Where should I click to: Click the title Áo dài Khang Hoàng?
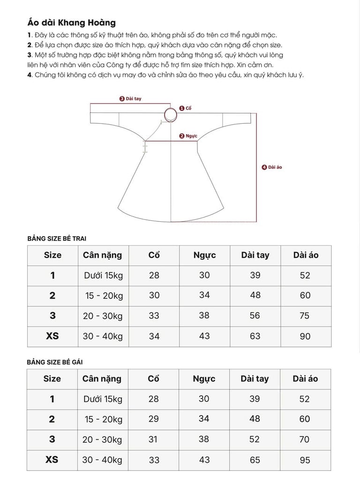coord(71,23)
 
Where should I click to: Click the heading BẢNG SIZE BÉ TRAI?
coord(57,238)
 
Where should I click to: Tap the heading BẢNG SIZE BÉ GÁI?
coord(55,362)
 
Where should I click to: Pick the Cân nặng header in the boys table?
coord(102,255)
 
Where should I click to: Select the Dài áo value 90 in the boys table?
coord(305,336)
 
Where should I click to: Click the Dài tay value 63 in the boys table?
coord(255,336)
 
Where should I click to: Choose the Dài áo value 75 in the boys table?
coord(305,316)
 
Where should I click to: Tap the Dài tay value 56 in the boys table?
coord(255,316)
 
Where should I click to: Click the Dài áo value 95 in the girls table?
coord(305,460)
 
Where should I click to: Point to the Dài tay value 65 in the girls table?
coord(255,460)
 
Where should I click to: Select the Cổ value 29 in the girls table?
coord(154,419)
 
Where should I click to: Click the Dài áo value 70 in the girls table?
coord(305,439)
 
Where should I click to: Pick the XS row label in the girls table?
coord(52,460)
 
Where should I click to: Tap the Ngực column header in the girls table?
coord(204,379)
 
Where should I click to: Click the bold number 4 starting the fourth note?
coord(30,75)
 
